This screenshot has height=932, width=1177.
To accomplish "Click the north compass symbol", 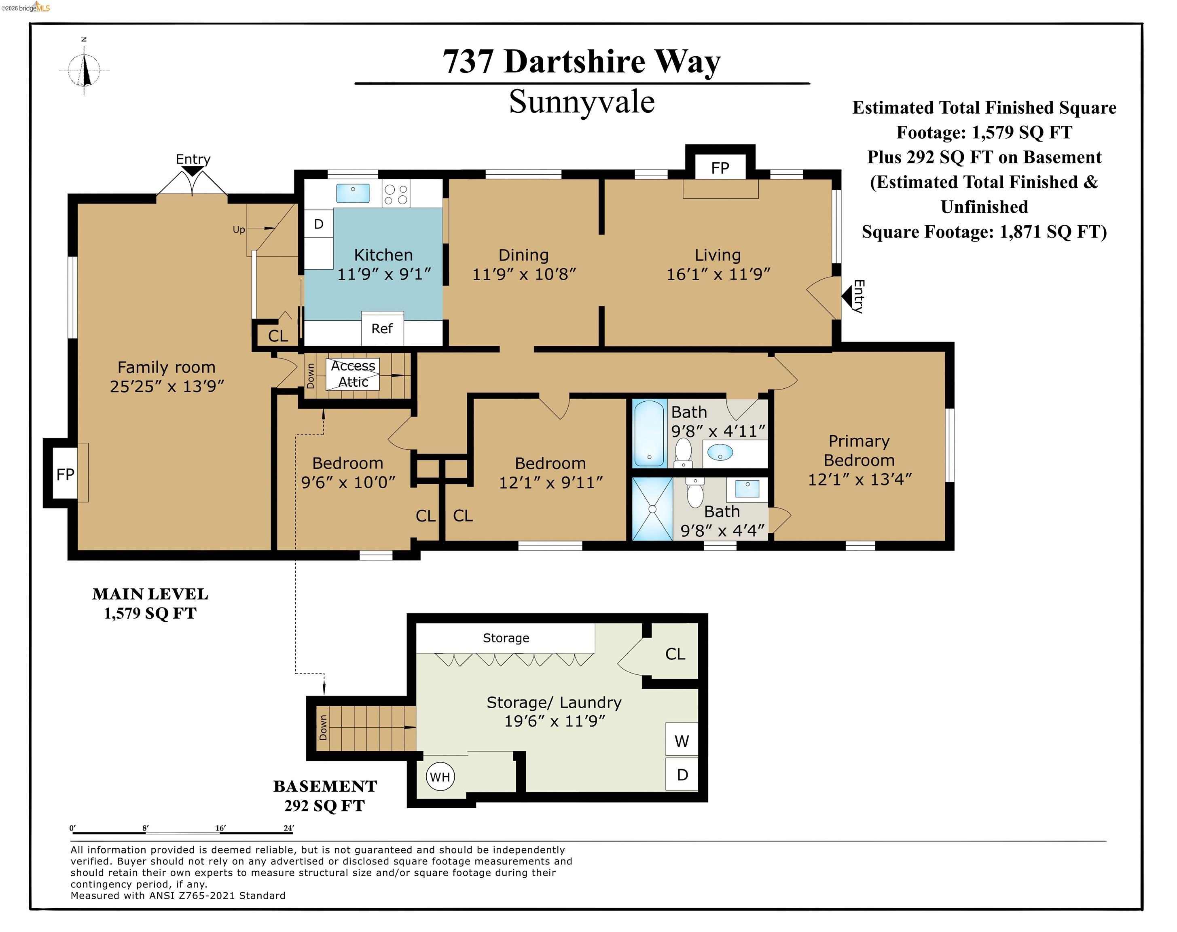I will click(x=84, y=70).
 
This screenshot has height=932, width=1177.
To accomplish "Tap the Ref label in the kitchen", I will click(x=381, y=328).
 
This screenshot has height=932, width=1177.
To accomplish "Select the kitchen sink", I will click(x=353, y=193).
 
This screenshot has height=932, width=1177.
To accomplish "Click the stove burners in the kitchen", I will click(x=396, y=194).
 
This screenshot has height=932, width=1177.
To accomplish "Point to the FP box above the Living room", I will click(x=719, y=168).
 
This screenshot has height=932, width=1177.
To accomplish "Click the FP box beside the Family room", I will click(x=65, y=474).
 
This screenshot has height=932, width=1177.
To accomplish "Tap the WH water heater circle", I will click(x=439, y=777).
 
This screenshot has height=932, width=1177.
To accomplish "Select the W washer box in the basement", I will click(x=682, y=741).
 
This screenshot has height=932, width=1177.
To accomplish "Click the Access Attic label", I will click(x=353, y=374).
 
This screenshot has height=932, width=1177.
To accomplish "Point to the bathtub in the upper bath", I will click(x=649, y=433).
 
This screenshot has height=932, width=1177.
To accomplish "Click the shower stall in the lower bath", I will click(x=652, y=508).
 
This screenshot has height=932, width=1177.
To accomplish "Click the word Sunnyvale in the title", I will click(x=581, y=102).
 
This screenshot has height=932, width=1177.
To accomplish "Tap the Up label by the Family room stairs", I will click(x=239, y=230).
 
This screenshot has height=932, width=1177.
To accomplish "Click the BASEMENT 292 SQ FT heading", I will click(x=325, y=796).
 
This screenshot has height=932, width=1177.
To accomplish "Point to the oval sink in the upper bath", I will click(x=720, y=452).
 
